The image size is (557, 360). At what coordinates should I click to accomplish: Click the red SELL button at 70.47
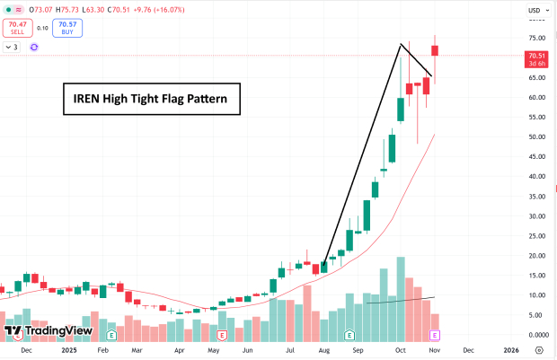click(x=18, y=28)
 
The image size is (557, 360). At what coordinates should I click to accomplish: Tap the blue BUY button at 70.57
click(x=66, y=28)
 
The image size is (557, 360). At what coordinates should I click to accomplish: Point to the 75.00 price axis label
click(x=536, y=39)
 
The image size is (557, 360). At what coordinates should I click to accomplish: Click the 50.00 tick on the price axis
click(x=536, y=137)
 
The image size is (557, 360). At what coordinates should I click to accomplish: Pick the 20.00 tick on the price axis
click(x=536, y=256)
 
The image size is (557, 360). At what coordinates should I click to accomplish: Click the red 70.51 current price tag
click(x=537, y=59)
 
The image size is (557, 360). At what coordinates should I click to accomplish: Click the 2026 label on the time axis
click(x=510, y=350)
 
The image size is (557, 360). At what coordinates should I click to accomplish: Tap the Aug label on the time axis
click(x=323, y=350)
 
